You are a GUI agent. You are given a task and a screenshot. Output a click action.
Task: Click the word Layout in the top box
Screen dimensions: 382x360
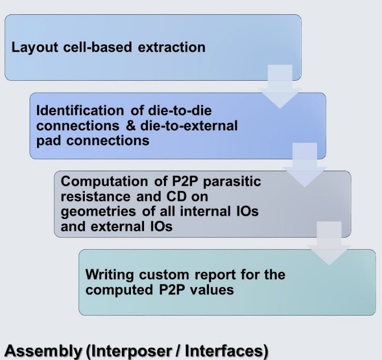[35, 48]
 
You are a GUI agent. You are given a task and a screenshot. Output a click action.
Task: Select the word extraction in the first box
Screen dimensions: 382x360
[171, 47]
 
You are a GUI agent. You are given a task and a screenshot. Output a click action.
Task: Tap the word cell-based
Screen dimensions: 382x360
[97, 47]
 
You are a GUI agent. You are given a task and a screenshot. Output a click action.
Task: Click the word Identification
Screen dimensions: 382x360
[80, 110]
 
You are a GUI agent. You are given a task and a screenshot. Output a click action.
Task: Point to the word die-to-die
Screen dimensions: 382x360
[180, 110]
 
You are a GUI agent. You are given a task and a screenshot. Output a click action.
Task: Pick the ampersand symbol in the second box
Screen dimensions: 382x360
[131, 126]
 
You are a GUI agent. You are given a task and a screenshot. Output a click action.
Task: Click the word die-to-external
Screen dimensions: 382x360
[189, 126]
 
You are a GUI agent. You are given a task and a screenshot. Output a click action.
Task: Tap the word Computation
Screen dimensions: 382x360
[104, 182]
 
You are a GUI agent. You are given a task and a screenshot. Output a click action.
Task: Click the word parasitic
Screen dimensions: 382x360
[232, 182]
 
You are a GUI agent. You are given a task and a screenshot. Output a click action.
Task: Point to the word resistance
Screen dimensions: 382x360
[96, 196]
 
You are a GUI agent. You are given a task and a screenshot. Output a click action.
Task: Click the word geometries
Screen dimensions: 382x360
[98, 212]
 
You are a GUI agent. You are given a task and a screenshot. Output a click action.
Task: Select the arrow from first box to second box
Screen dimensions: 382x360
[280, 87]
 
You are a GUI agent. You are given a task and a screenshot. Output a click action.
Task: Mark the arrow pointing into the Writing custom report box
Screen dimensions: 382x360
[329, 243]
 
